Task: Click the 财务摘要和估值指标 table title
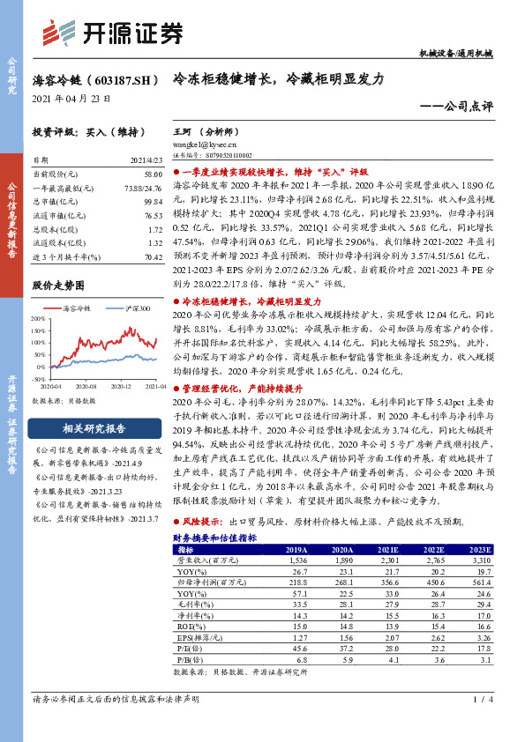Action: pyautogui.click(x=214, y=537)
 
